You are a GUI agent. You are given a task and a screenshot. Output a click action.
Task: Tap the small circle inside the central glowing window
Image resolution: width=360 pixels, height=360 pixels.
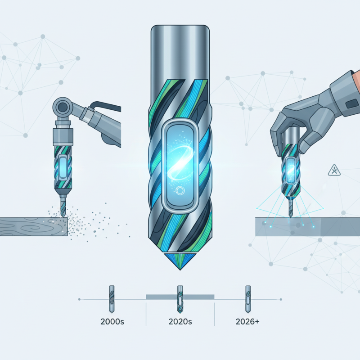pos(180,189)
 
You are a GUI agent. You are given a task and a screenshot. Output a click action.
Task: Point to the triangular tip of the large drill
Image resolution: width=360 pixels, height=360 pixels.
pos(180,261)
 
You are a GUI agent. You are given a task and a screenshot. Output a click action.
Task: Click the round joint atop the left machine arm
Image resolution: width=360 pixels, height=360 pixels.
pos(62,107)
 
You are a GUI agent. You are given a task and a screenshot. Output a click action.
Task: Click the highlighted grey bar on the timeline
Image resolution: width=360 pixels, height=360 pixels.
pos(180,296)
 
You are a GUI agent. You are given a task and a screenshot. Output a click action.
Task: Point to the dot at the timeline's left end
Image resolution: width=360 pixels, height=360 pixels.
pos(80,299)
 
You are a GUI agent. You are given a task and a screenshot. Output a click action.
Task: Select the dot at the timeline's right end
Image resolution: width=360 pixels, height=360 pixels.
pos(280,299)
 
